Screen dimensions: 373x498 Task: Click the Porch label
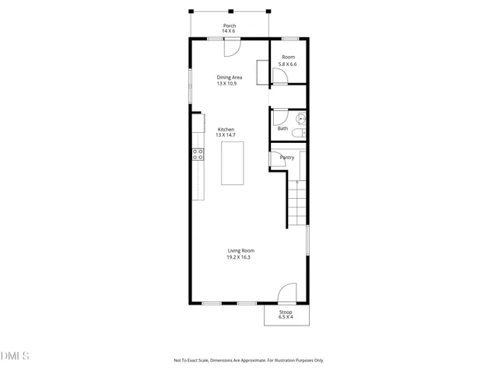pos(230,26)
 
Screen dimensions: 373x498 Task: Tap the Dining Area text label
pos(230,77)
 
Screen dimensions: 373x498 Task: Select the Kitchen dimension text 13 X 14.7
pos(226,135)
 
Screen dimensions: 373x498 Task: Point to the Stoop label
pos(286,312)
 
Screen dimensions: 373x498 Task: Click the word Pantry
pos(286,158)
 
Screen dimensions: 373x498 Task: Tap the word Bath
pos(282,128)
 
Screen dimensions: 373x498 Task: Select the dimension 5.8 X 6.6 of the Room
pos(289,64)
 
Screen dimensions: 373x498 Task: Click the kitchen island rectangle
pos(233,162)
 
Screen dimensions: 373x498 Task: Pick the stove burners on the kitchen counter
pos(198,155)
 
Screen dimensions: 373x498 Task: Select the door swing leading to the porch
pos(232,47)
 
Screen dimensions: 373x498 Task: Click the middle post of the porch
pos(230,12)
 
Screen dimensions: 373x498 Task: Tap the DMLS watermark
pos(15,356)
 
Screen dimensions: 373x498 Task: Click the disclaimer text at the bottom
pos(248,361)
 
